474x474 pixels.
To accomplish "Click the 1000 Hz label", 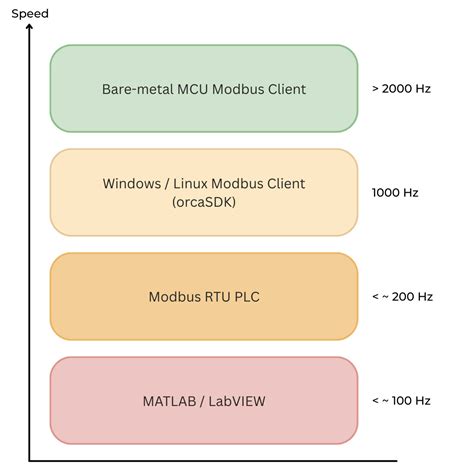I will point(395,193).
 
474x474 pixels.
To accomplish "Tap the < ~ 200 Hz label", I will point(401,297).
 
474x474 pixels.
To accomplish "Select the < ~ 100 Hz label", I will point(401,400).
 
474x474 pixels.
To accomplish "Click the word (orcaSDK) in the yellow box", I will point(204,203).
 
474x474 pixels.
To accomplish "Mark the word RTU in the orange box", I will point(214,297).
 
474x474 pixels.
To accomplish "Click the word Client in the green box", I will point(283,89).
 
